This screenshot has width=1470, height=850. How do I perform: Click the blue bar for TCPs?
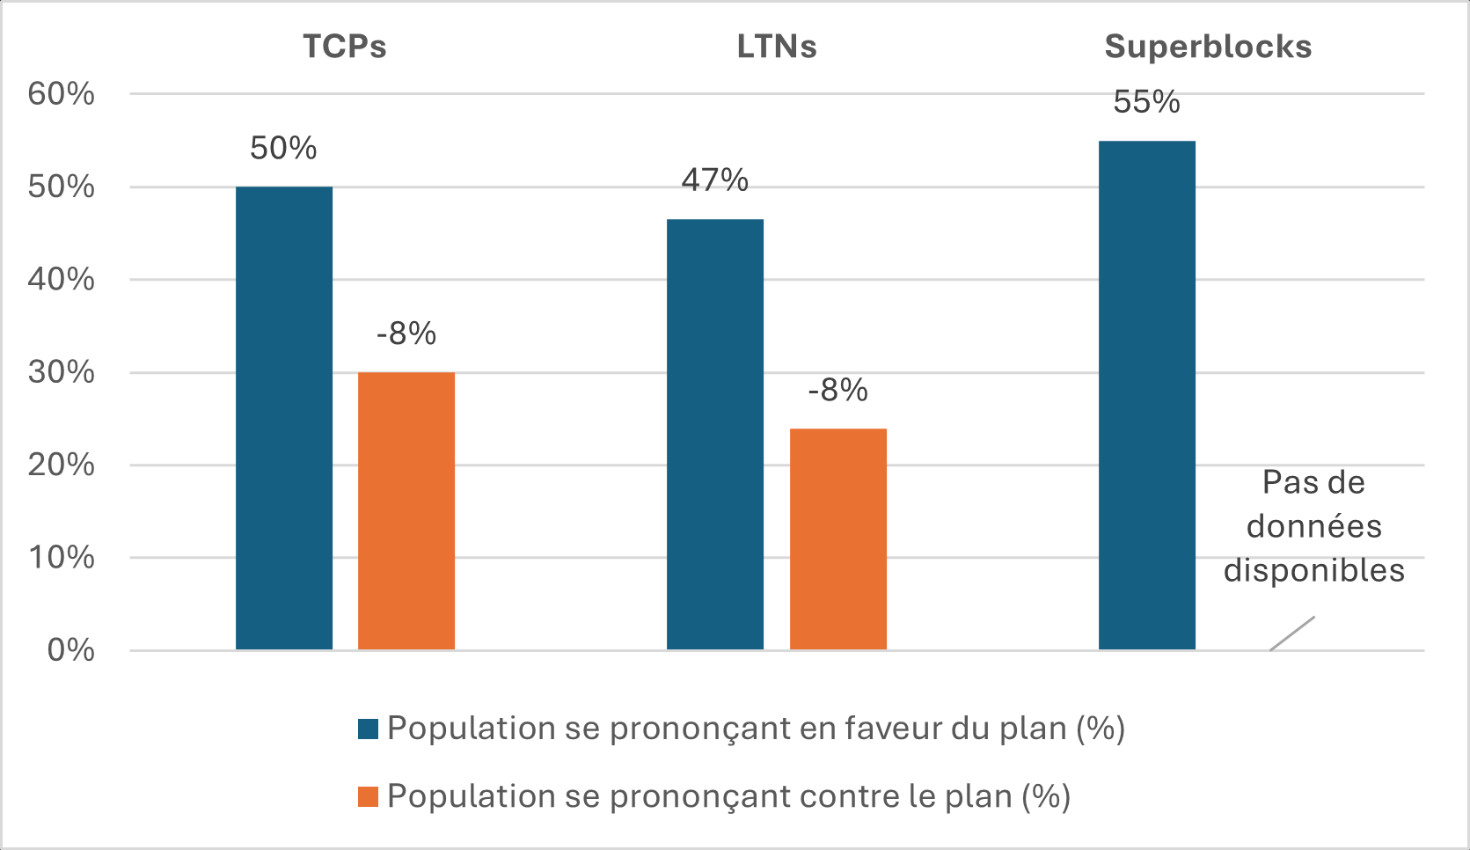(284, 418)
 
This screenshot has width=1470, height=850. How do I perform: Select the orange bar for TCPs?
(406, 511)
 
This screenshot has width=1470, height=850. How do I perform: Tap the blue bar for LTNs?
(715, 435)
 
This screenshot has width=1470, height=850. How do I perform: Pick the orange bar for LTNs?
(838, 539)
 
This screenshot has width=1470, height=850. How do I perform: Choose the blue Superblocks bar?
(1147, 395)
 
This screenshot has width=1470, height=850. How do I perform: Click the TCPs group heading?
(345, 47)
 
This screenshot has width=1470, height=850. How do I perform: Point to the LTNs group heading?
(777, 47)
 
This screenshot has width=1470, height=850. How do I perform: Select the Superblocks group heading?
(1208, 47)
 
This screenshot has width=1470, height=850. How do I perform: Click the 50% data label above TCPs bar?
(283, 148)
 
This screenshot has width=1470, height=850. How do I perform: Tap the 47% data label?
(715, 180)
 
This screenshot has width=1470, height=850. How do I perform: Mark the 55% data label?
(1146, 102)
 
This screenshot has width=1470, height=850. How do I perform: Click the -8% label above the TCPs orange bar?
(406, 334)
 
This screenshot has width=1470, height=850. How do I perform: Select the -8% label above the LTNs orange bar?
(838, 390)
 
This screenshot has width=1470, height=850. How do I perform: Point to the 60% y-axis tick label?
(62, 94)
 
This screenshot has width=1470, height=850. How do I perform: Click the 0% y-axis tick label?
(70, 650)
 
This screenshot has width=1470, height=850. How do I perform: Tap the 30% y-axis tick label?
(62, 372)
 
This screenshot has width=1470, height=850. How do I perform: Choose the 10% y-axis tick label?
(62, 557)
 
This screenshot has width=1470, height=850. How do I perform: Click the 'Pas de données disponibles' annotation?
(1314, 526)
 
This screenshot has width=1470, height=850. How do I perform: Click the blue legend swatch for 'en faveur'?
(369, 729)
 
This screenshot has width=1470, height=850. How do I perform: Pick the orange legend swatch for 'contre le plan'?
(369, 796)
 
